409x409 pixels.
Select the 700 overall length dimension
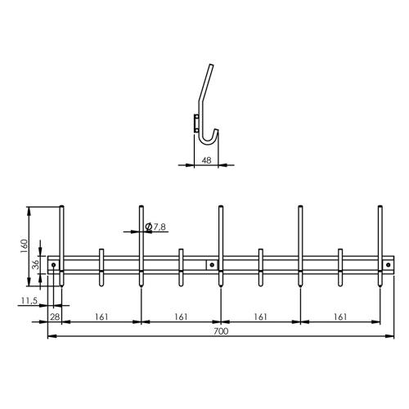pos(220,331)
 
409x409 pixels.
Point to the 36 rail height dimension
pos(34,265)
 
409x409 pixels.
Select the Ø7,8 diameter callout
pos(155,227)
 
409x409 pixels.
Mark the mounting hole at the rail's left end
pos(54,265)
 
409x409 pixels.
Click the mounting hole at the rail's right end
pos(388,265)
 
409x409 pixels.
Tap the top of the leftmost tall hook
pos(62,208)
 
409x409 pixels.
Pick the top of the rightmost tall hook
pos(380,208)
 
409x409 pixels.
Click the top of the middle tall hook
pos(221,208)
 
